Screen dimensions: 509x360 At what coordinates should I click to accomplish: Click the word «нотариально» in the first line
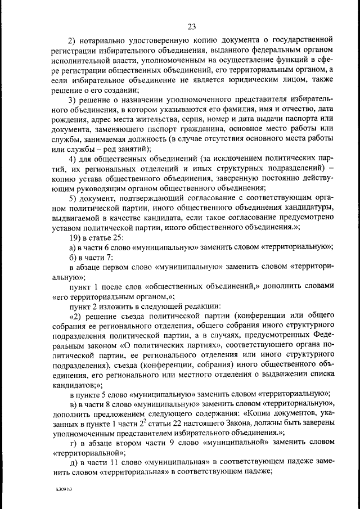107,40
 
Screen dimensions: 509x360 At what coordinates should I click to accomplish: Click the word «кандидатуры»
309,209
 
